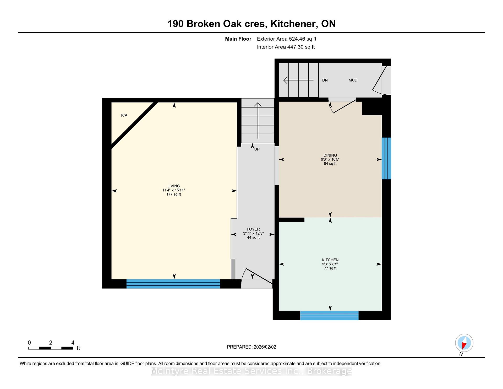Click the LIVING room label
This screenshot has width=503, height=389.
pos(174,186)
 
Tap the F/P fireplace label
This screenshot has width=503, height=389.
pos(124,115)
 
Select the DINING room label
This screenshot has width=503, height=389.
pos(330,155)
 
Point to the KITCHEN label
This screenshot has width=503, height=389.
pos(330,260)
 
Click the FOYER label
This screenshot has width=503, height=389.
pos(253,229)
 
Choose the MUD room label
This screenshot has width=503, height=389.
pos(353,80)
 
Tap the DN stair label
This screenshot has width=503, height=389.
pos(325,80)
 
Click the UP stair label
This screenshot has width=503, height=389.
pos(257,149)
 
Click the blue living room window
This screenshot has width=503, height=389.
pos(173,284)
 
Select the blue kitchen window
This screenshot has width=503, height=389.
pos(329,315)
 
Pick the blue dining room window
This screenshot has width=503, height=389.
pos(386,158)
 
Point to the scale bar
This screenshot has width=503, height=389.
pos(51,348)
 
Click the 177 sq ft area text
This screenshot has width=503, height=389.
pos(174,194)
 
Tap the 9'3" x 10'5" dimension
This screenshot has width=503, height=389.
pos(330,159)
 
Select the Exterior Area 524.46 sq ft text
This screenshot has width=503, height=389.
pos(287,39)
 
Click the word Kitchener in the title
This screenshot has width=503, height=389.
pos(293,24)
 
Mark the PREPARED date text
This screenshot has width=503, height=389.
pos(251,347)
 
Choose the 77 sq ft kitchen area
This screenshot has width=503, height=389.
pos(330,268)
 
